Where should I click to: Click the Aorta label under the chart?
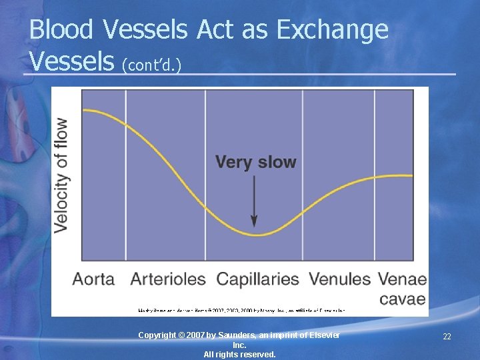[x=93, y=279]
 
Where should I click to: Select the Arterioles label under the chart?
[x=168, y=279]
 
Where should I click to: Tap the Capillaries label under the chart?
[x=258, y=279]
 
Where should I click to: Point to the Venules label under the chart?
[x=339, y=279]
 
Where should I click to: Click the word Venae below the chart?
[x=402, y=279]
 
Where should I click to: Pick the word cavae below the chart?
[x=402, y=298]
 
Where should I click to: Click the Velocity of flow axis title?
[x=61, y=175]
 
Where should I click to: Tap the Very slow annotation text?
[x=255, y=162]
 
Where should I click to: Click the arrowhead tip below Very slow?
[x=254, y=225]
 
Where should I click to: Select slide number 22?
[x=447, y=337]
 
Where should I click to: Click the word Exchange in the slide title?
[x=332, y=30]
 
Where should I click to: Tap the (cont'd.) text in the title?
[x=153, y=64]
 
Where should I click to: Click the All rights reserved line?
[x=239, y=355]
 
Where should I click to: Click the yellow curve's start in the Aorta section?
[x=83, y=109]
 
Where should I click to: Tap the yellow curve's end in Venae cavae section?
[x=412, y=176]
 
